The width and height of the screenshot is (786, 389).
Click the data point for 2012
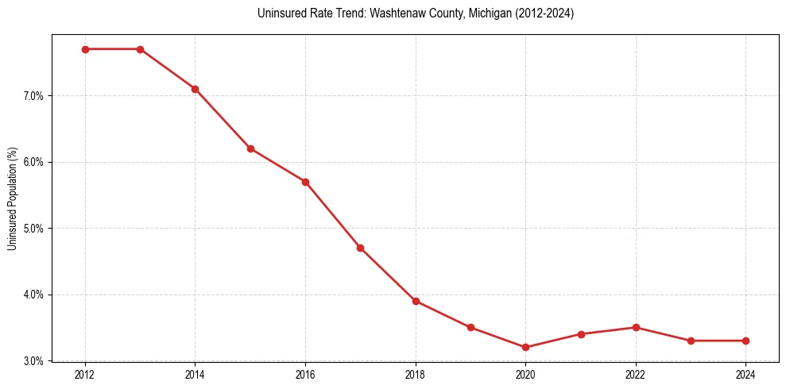click(x=85, y=49)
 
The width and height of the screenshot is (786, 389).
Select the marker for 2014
click(x=195, y=89)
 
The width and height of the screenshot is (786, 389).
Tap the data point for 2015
click(x=250, y=148)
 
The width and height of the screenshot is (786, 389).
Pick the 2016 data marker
click(x=305, y=182)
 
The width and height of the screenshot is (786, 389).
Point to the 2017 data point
click(x=360, y=248)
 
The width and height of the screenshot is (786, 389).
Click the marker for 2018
click(x=416, y=301)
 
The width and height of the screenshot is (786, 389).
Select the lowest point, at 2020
click(x=525, y=347)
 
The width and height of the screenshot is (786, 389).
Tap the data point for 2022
click(x=636, y=327)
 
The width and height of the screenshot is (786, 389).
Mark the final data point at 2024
click(x=745, y=341)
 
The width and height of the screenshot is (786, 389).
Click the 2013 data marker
click(x=140, y=49)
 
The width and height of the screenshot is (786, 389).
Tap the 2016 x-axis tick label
click(x=305, y=374)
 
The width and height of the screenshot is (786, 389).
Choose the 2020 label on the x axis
click(x=525, y=374)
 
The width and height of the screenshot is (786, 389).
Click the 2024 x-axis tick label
click(x=745, y=374)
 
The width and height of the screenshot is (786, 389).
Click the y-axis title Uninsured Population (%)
click(x=12, y=198)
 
